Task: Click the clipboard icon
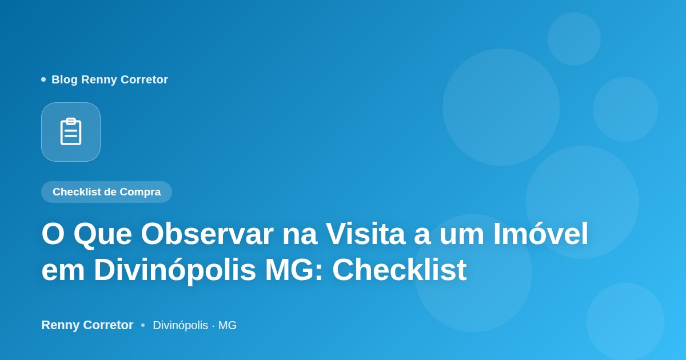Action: pos(71,131)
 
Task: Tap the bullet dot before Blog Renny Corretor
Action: pos(43,79)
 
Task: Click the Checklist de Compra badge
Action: pos(106,192)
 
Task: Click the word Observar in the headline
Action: pos(207,234)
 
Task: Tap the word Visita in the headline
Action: pos(365,234)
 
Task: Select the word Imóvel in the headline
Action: pos(541,234)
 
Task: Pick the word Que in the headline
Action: pos(103,235)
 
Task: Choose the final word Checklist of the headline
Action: pos(400,270)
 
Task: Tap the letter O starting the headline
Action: pos(53,234)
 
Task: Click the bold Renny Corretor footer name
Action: pos(87,325)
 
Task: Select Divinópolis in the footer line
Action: pos(181,325)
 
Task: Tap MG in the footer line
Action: pos(228,325)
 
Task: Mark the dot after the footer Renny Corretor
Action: pos(143,325)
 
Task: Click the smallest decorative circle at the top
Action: pos(574,39)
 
